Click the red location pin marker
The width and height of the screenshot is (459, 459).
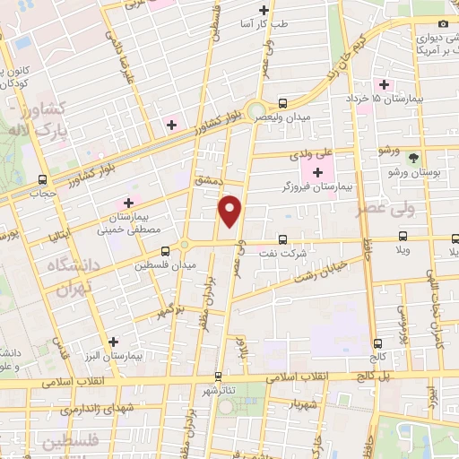click(231, 210)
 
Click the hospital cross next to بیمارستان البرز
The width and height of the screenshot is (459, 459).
click(113, 342)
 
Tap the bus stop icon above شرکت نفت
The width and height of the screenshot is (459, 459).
click(282, 239)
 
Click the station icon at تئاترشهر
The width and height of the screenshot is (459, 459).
click(217, 377)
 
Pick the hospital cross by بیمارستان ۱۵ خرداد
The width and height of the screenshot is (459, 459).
click(384, 84)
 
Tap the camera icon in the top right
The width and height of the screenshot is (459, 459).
click(442, 24)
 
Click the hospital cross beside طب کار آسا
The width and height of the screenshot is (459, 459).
click(264, 11)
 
